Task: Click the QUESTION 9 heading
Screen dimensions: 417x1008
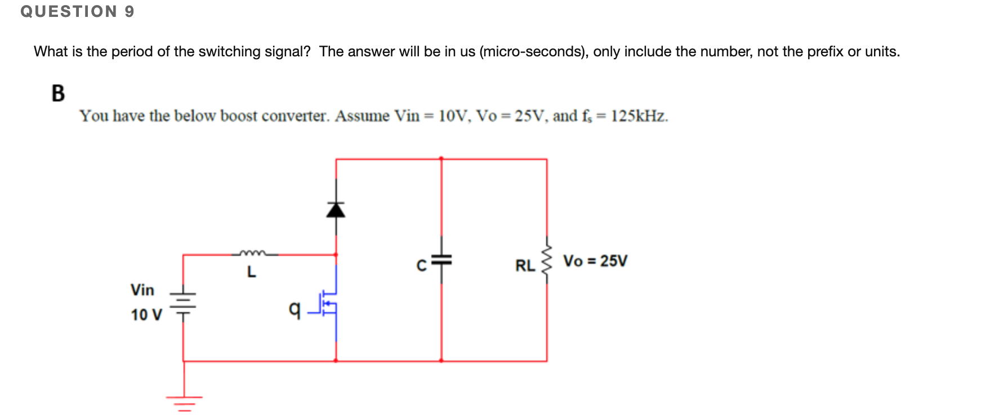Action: (x=77, y=11)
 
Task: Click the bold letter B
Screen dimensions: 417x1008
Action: (x=58, y=93)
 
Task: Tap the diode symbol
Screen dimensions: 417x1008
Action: (x=336, y=210)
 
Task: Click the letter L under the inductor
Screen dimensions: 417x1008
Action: (x=251, y=272)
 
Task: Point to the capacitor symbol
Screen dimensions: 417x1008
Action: (x=441, y=260)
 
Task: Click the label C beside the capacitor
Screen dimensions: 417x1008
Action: (x=421, y=265)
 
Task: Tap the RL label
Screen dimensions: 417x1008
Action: (x=525, y=265)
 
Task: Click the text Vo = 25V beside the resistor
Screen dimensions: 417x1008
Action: (x=595, y=261)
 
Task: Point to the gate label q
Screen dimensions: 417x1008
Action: (x=294, y=308)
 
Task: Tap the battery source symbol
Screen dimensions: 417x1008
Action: (x=183, y=304)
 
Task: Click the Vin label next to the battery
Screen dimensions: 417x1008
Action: (x=142, y=290)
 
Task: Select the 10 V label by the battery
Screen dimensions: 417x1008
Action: (x=146, y=314)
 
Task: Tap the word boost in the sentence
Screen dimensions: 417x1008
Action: (x=239, y=116)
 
